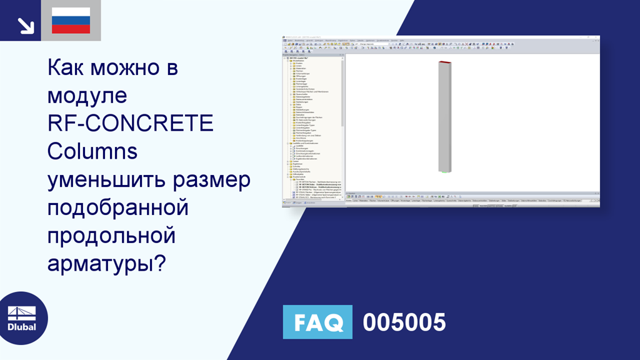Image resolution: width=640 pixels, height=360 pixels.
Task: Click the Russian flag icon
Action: (71, 21)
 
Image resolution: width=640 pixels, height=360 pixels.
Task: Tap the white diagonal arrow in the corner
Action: (25, 25)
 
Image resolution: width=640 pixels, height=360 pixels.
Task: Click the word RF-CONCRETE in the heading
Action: (131, 123)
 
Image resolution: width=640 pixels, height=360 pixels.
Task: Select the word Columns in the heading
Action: (92, 151)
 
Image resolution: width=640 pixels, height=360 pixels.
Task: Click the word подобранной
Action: (118, 207)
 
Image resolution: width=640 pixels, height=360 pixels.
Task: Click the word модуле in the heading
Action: (87, 95)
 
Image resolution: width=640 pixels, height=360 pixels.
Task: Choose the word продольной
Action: (111, 236)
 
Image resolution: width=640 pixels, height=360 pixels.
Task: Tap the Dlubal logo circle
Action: (22, 318)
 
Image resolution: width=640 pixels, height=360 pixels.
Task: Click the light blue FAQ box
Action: (317, 322)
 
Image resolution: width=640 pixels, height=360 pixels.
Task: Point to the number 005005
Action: (404, 322)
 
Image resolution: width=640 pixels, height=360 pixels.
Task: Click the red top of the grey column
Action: (444, 62)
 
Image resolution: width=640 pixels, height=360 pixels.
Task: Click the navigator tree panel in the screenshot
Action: (312, 125)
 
